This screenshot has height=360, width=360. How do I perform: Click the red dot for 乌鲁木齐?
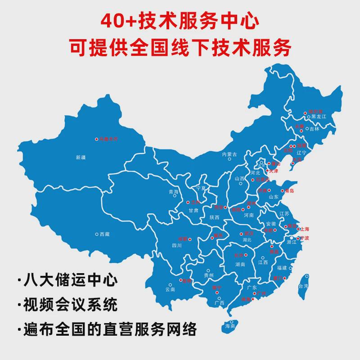click(x=96, y=139)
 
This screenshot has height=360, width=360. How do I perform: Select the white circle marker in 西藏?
click(x=97, y=234)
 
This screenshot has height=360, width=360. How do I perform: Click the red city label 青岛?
click(x=289, y=191)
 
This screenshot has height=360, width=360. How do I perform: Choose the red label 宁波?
click(x=305, y=238)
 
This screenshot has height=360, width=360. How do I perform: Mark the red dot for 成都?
click(x=190, y=239)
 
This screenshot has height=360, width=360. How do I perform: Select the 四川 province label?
click(x=177, y=246)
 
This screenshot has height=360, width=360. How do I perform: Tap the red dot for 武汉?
click(x=241, y=234)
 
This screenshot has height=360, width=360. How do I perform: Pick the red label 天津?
click(x=274, y=171)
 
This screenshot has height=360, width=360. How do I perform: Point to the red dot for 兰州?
click(x=188, y=202)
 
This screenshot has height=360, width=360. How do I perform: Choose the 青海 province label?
click(x=173, y=192)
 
